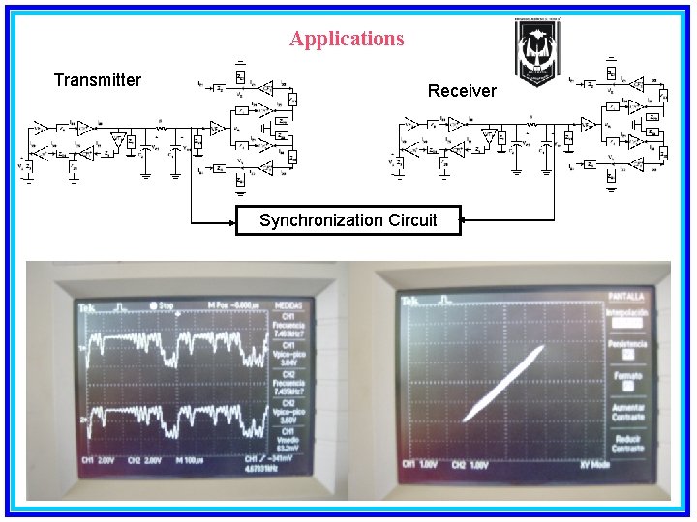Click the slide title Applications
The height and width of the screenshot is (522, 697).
(347, 39)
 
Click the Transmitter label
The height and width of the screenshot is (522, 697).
(97, 80)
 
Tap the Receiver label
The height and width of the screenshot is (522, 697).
(462, 91)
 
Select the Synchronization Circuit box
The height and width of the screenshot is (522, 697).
(348, 220)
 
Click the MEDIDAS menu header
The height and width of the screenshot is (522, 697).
(289, 306)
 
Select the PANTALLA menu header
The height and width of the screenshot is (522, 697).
(627, 296)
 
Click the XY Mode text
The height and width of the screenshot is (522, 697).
(622, 464)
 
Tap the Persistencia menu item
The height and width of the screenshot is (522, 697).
(627, 344)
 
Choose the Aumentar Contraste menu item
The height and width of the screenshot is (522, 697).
(627, 412)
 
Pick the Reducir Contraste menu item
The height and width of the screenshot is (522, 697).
(627, 443)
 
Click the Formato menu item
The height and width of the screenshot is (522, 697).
(627, 376)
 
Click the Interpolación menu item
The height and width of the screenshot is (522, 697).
(627, 313)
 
